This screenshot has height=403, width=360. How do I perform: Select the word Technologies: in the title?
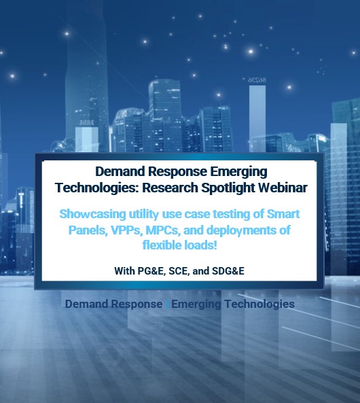pyautogui.click(x=97, y=188)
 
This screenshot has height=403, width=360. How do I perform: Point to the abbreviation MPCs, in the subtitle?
pyautogui.click(x=163, y=230)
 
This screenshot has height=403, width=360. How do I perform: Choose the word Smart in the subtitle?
pyautogui.click(x=283, y=214)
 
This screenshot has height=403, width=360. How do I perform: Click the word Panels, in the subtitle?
pyautogui.click(x=88, y=230)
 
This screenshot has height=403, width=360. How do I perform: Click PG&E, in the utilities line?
pyautogui.click(x=151, y=271)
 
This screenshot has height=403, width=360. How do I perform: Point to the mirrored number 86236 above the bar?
pyautogui.click(x=257, y=80)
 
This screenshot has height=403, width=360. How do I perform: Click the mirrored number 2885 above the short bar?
pyautogui.click(x=86, y=122)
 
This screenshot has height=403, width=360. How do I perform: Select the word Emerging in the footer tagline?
pyautogui.click(x=196, y=304)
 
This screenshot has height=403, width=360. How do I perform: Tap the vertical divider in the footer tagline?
pyautogui.click(x=167, y=304)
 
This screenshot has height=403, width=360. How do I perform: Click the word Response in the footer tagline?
pyautogui.click(x=137, y=304)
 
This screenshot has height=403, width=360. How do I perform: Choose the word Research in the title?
pyautogui.click(x=170, y=188)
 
